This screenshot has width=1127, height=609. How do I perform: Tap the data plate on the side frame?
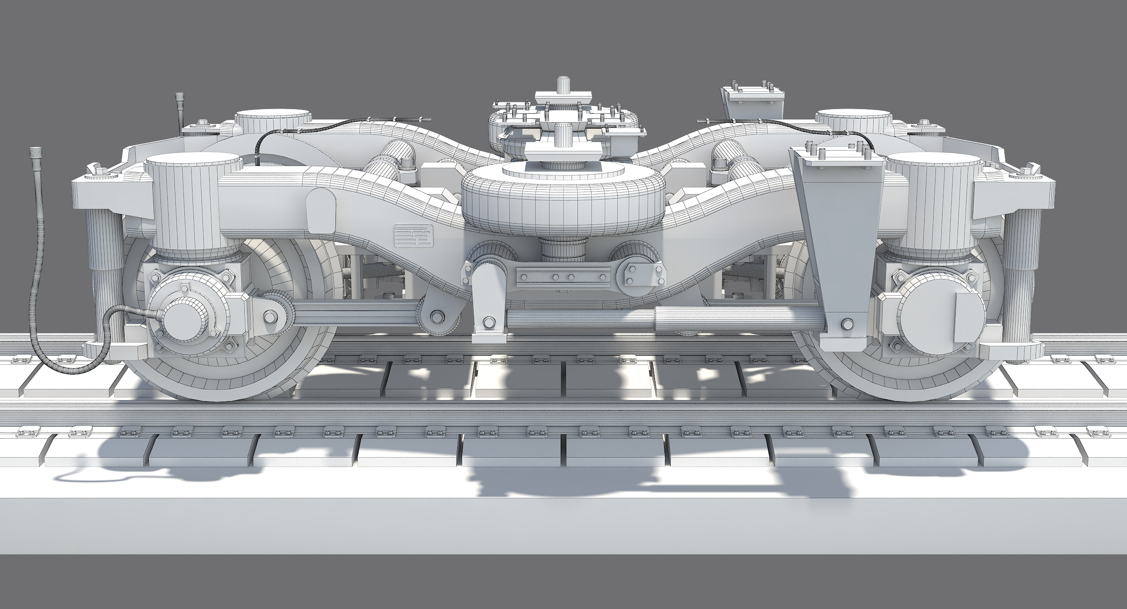(x=413, y=236)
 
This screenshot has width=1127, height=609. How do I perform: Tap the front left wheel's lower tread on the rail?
(x=216, y=392)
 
